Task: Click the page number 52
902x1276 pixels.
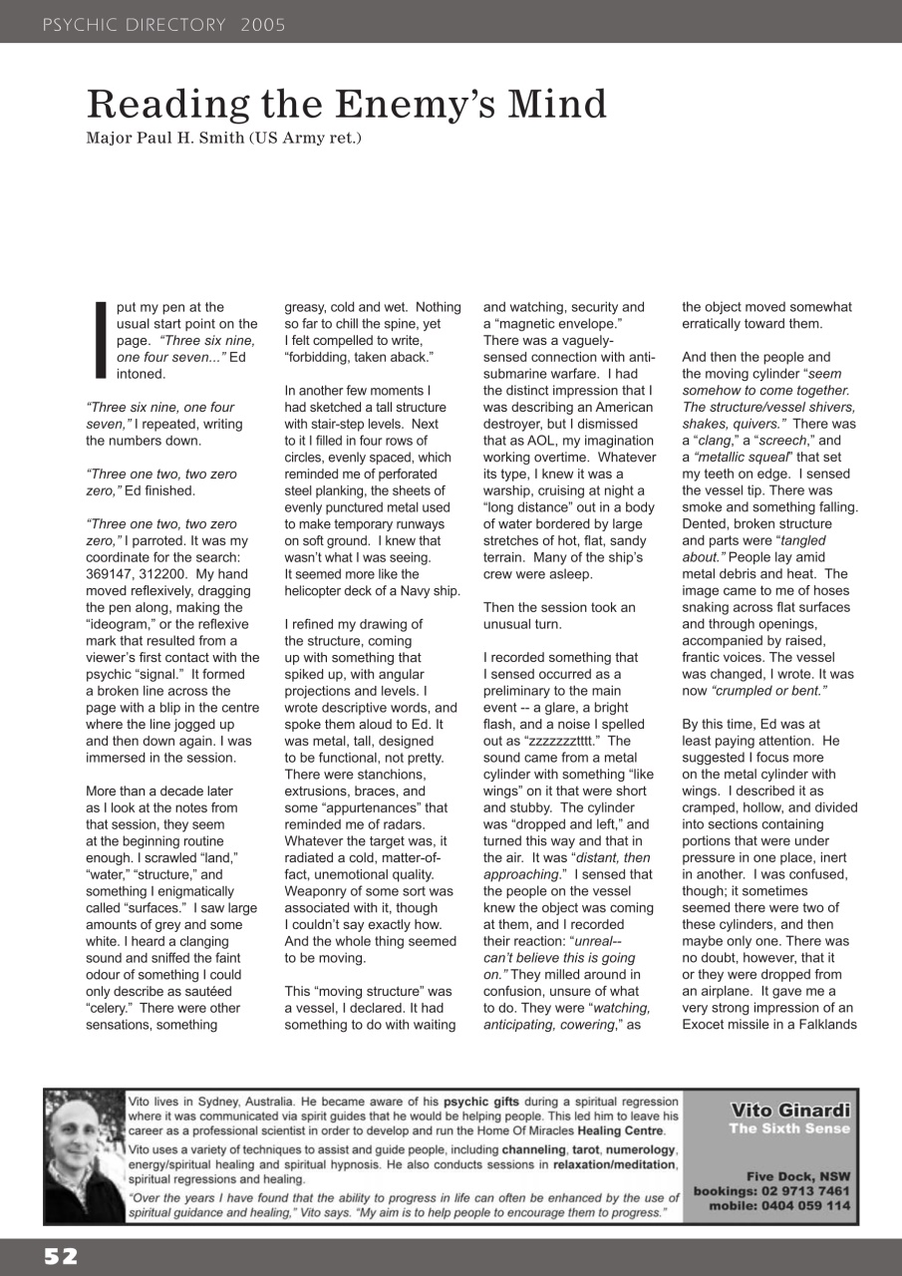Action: pyautogui.click(x=60, y=1257)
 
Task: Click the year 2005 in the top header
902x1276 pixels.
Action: pyautogui.click(x=263, y=25)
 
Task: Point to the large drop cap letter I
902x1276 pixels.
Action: pyautogui.click(x=99, y=341)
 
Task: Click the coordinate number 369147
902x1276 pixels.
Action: pyautogui.click(x=112, y=574)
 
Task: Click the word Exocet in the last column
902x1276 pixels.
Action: pyautogui.click(x=705, y=1025)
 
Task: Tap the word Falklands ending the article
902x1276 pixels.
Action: pyautogui.click(x=821, y=1025)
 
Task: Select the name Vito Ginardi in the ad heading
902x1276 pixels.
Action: pyautogui.click(x=790, y=1111)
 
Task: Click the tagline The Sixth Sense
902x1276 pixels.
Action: pyautogui.click(x=789, y=1128)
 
